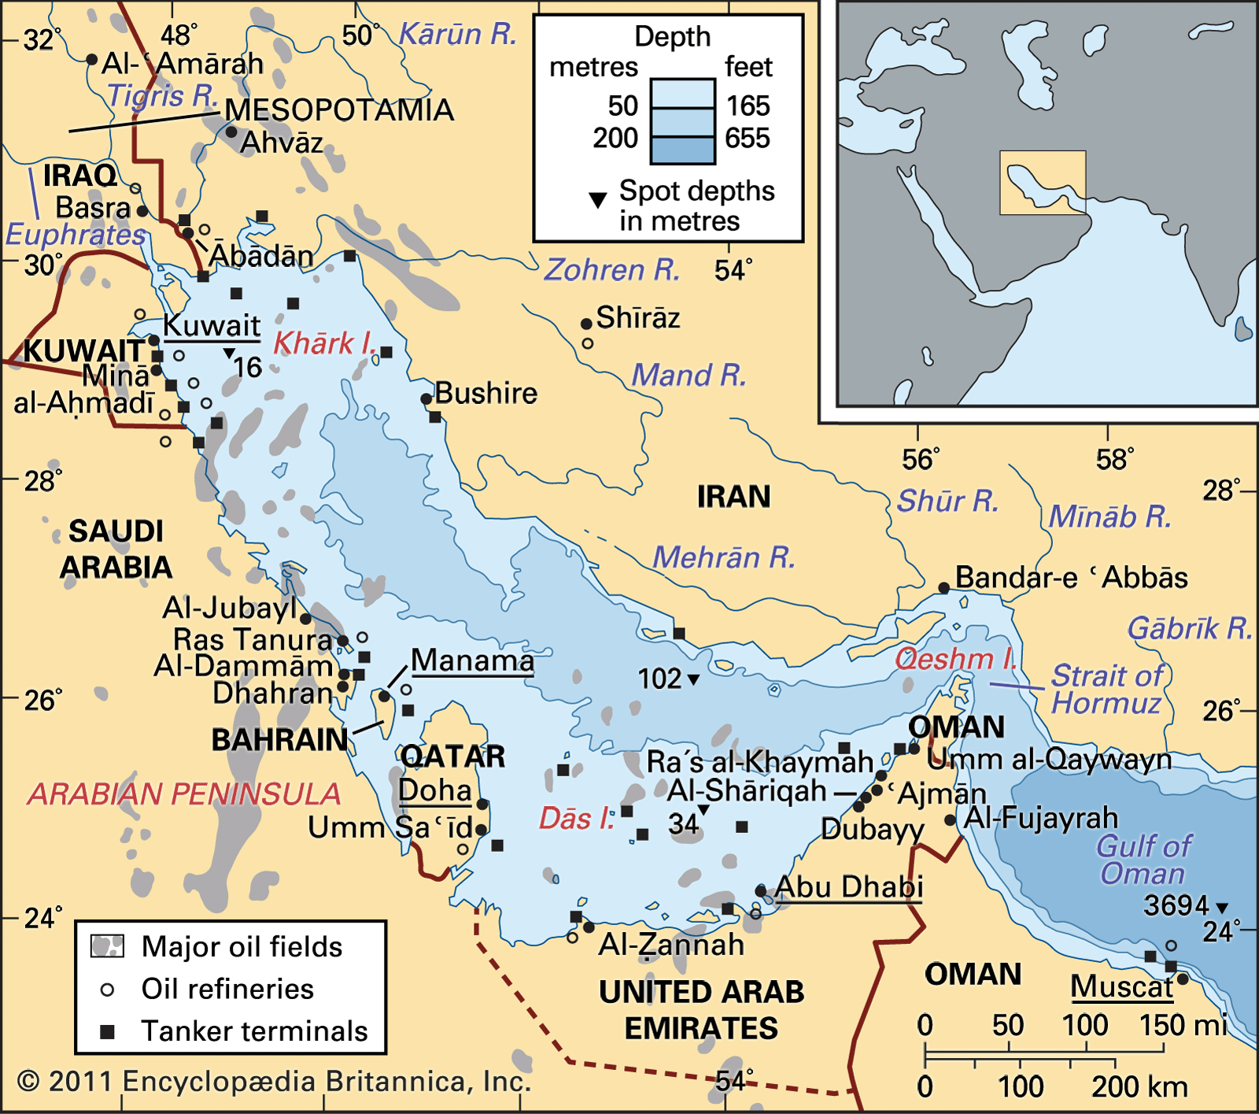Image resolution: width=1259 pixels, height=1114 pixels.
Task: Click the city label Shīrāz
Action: point(637,318)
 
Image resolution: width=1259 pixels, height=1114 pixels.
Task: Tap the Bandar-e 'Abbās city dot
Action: point(943,587)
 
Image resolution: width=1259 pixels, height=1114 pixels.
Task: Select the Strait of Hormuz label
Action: point(1106,689)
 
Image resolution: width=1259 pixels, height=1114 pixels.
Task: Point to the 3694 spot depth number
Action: point(1176,905)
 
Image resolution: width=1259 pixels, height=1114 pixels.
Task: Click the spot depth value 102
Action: point(659,679)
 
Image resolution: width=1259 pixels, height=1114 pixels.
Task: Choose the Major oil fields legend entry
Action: point(242,946)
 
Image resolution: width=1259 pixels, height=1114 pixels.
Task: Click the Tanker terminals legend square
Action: point(108,1031)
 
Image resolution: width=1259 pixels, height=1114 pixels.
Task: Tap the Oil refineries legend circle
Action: point(108,990)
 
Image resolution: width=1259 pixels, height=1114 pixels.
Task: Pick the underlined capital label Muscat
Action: point(1121,986)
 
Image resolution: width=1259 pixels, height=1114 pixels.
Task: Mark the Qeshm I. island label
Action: point(954,658)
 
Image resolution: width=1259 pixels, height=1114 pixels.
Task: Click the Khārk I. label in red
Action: point(323,343)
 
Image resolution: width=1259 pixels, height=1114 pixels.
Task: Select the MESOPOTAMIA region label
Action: point(339,110)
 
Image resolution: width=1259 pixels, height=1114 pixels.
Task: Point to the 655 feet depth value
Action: point(747,139)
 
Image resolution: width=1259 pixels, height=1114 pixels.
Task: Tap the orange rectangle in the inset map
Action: point(1043,183)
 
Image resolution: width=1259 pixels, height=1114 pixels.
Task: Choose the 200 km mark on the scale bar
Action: point(1139,1087)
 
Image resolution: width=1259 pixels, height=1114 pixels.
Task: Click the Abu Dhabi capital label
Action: point(848,887)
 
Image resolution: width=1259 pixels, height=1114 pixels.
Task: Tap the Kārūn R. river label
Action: point(457,35)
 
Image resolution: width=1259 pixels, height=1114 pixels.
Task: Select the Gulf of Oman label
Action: point(1143,860)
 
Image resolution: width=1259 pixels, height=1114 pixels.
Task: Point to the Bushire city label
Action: point(486,393)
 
